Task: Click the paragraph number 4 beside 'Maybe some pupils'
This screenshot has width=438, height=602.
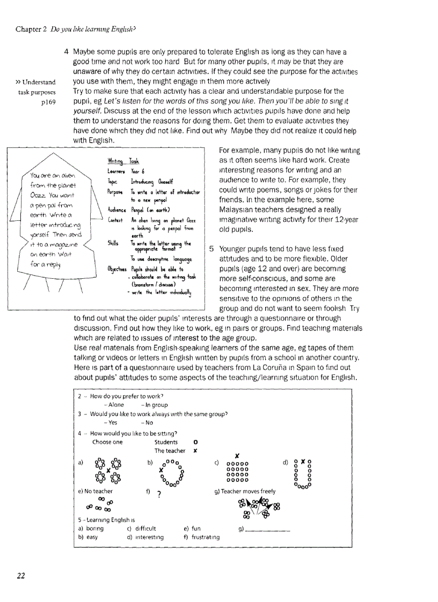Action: (65, 53)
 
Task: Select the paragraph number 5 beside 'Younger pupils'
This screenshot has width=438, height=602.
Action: (211, 249)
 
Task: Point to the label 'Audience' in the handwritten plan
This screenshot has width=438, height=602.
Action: (116, 210)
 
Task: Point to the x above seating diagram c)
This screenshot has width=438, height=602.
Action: (237, 456)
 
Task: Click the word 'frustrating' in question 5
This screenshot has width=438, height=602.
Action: (205, 537)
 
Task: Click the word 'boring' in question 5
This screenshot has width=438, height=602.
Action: (94, 529)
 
